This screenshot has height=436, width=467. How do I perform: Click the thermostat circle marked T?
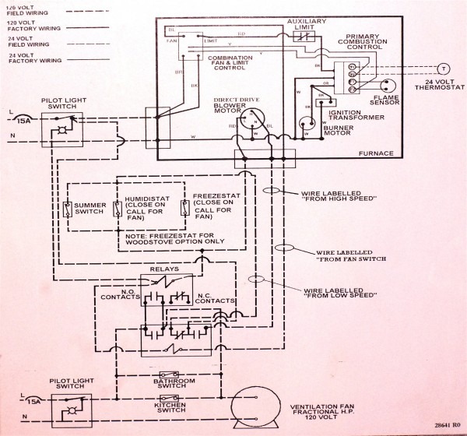pos(444,68)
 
